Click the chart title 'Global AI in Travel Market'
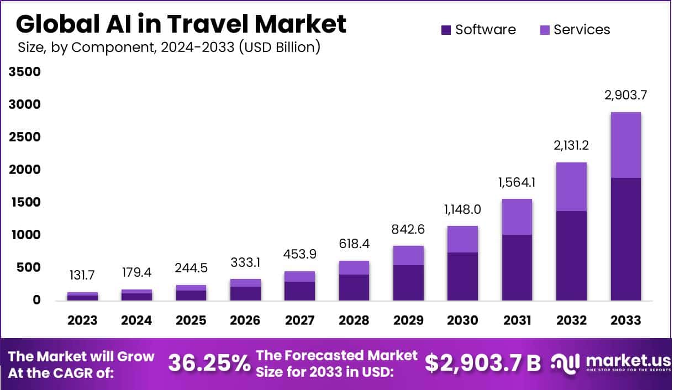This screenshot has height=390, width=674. pos(181,24)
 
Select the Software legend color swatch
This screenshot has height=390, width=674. pos(446,30)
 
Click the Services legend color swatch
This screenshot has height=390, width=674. pos(544,30)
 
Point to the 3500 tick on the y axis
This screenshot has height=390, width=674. pos(25,72)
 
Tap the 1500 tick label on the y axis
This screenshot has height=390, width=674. pos(25,203)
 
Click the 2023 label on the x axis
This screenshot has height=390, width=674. pos(82,320)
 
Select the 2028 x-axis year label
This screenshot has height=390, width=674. pos(354,320)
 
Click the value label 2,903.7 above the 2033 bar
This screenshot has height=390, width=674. pos(626,94)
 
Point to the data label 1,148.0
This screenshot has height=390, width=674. pos(463,209)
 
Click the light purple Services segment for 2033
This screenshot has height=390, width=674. pos(626,145)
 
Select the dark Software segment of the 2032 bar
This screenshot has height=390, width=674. pos(571,255)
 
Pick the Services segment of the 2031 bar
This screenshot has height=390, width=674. pos(517,217)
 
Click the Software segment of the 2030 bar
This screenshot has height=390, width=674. pos(463,276)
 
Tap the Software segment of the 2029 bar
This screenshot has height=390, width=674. pos(408,282)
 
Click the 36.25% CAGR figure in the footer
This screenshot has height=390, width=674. pos(208,363)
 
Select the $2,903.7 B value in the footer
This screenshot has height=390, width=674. pos(482,363)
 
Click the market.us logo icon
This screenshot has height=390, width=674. pos(564,363)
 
